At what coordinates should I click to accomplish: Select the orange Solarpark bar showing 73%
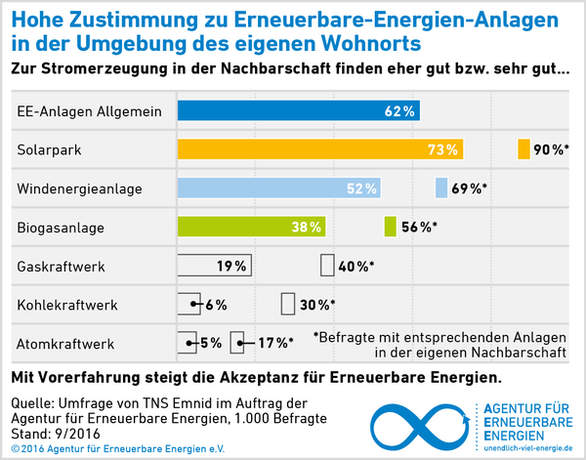pyautogui.click(x=319, y=149)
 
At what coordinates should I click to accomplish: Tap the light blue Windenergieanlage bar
pyautogui.click(x=278, y=188)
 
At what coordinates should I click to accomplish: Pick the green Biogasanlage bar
pyautogui.click(x=251, y=228)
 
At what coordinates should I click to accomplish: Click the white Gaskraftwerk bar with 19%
pyautogui.click(x=214, y=266)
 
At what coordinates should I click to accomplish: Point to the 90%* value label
pyautogui.click(x=551, y=149)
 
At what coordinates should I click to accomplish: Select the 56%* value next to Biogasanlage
pyautogui.click(x=418, y=228)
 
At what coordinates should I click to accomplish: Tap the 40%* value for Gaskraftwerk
pyautogui.click(x=356, y=266)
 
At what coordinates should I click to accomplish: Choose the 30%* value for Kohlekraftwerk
pyautogui.click(x=317, y=305)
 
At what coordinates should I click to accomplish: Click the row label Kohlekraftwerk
pyautogui.click(x=67, y=305)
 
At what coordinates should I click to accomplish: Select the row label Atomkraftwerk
pyautogui.click(x=66, y=344)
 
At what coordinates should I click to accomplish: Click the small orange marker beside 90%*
pyautogui.click(x=523, y=149)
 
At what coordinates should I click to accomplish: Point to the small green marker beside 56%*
pyautogui.click(x=391, y=228)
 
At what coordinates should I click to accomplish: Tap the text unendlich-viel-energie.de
pyautogui.click(x=526, y=447)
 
